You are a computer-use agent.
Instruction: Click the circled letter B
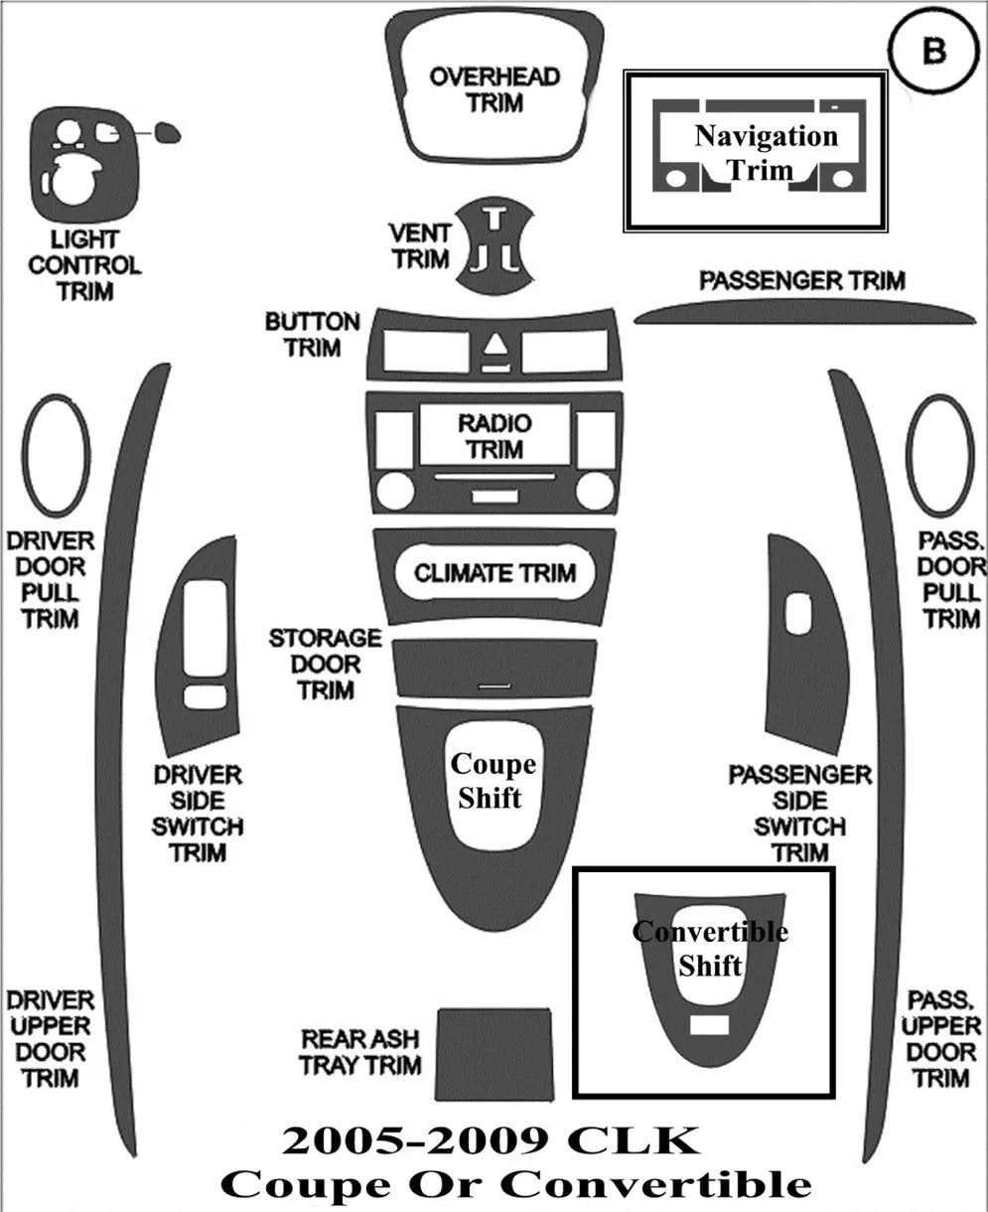[x=934, y=50]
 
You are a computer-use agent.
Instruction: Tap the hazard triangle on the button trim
[x=494, y=345]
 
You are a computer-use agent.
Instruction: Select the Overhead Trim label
[x=494, y=89]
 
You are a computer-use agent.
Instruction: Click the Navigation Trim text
[x=766, y=153]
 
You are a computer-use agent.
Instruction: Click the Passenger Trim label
[x=802, y=280]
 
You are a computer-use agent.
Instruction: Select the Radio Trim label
[x=494, y=436]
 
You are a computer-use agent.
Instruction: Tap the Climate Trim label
[x=494, y=573]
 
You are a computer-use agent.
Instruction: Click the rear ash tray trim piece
[x=494, y=1054]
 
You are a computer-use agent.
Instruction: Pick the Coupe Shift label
[x=493, y=781]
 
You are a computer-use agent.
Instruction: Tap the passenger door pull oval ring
[x=909, y=455]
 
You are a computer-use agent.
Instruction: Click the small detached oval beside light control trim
[x=168, y=133]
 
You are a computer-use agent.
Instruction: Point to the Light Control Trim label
[x=84, y=265]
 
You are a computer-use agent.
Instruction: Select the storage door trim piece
[x=494, y=669]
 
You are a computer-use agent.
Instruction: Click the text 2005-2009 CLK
[x=492, y=1141]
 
